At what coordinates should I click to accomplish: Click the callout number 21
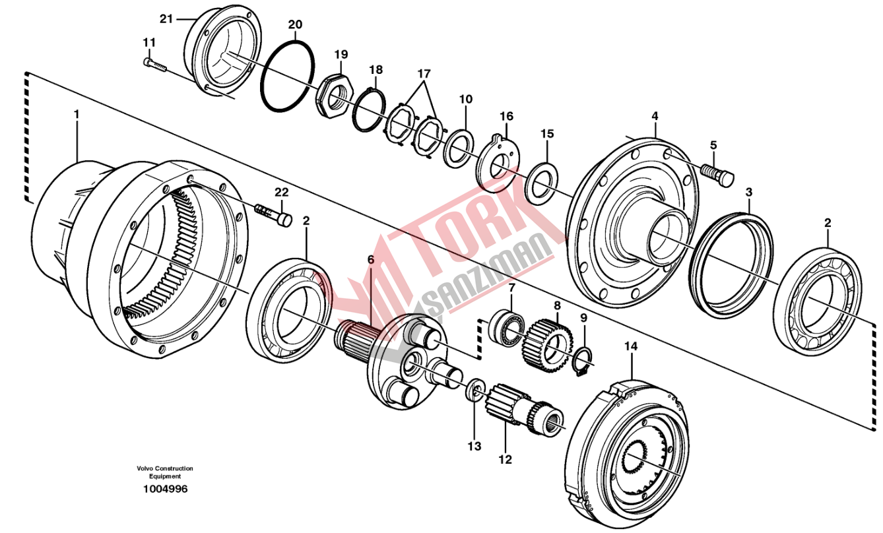166,19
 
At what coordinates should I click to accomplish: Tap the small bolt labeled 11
155,64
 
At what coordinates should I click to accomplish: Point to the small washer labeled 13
474,391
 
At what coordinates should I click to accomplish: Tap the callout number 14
631,346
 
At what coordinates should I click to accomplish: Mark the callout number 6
371,261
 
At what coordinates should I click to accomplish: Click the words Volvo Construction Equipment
165,472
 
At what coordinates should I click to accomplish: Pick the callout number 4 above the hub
655,116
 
